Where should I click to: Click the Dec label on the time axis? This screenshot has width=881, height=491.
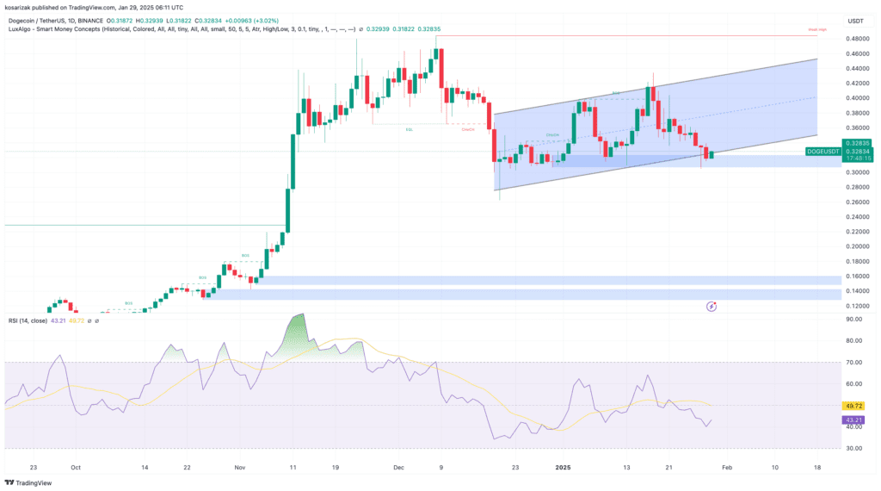point(397,467)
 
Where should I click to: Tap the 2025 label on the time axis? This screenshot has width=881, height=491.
point(562,467)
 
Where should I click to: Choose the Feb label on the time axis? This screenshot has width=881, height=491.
point(726,467)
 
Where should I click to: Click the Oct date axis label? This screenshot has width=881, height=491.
point(75,467)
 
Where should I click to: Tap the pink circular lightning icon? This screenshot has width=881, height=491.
point(712,306)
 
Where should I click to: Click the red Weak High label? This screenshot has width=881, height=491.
point(816,30)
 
